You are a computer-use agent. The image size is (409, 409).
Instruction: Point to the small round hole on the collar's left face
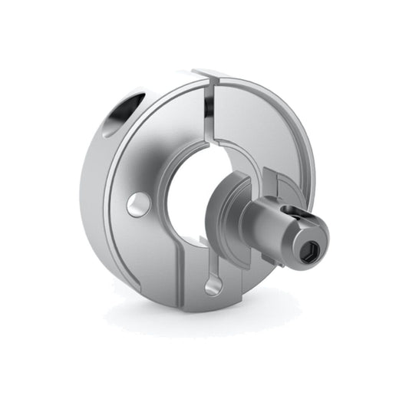(x=139, y=203)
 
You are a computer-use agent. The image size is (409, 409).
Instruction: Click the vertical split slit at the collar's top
(x=209, y=115)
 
